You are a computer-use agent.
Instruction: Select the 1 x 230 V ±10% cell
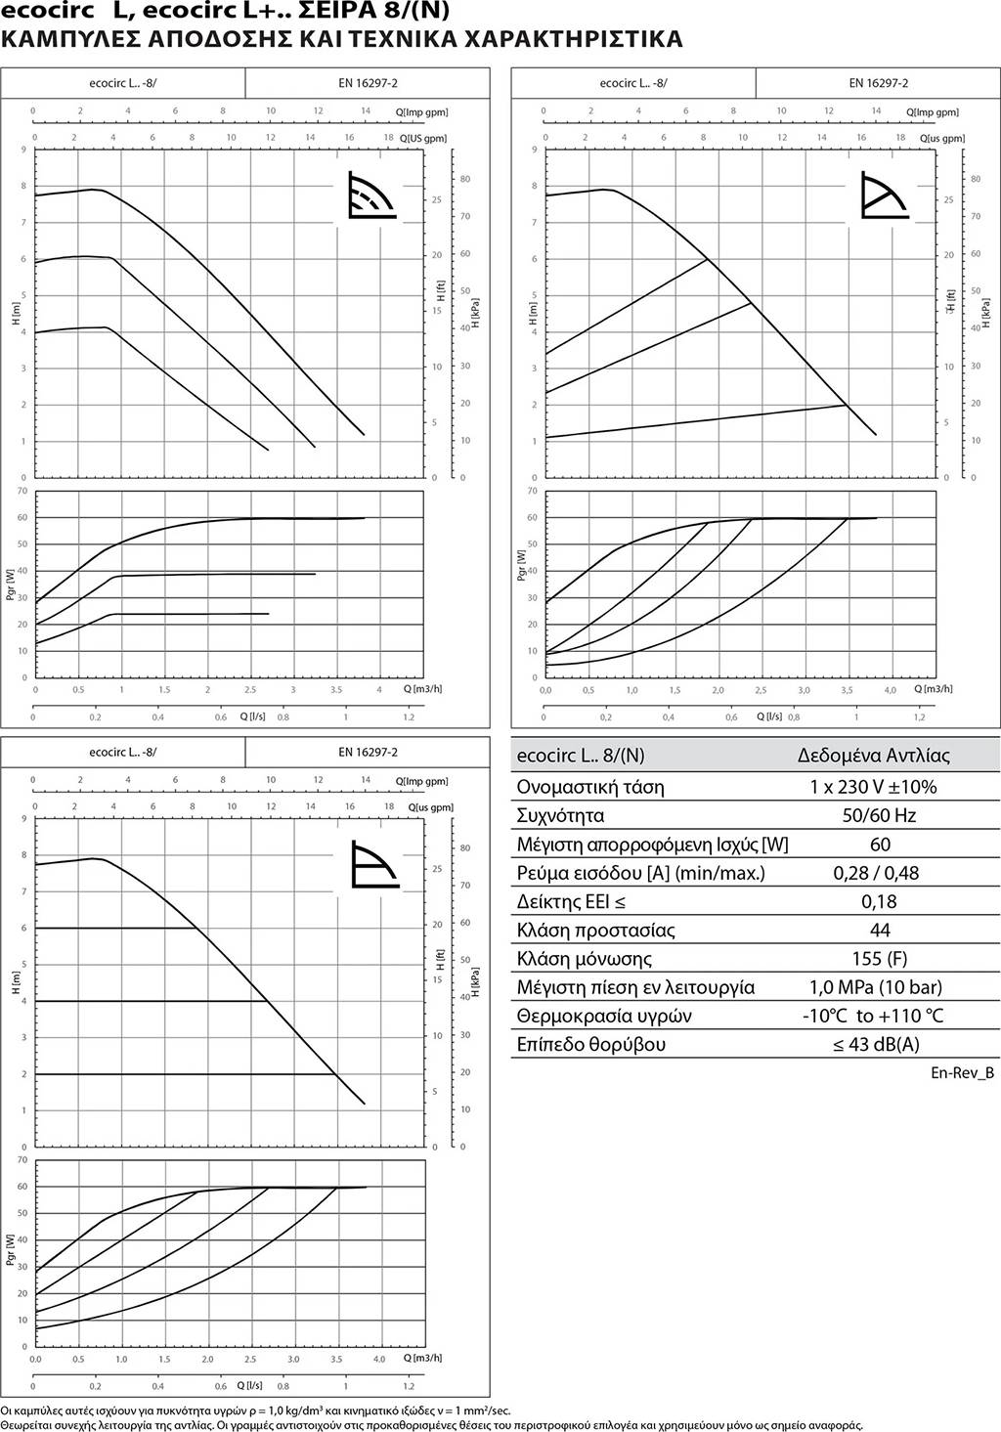point(873,787)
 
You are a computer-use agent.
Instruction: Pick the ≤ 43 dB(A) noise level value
point(876,1044)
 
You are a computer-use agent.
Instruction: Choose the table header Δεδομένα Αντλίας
point(873,756)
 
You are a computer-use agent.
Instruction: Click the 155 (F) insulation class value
point(879,958)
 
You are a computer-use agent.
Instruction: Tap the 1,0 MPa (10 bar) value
point(876,987)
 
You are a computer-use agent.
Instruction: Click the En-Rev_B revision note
point(962,1072)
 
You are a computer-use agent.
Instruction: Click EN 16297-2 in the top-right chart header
point(878,83)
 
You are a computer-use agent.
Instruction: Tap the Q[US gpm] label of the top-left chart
point(422,138)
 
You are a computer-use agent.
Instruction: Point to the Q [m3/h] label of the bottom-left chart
point(422,1357)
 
